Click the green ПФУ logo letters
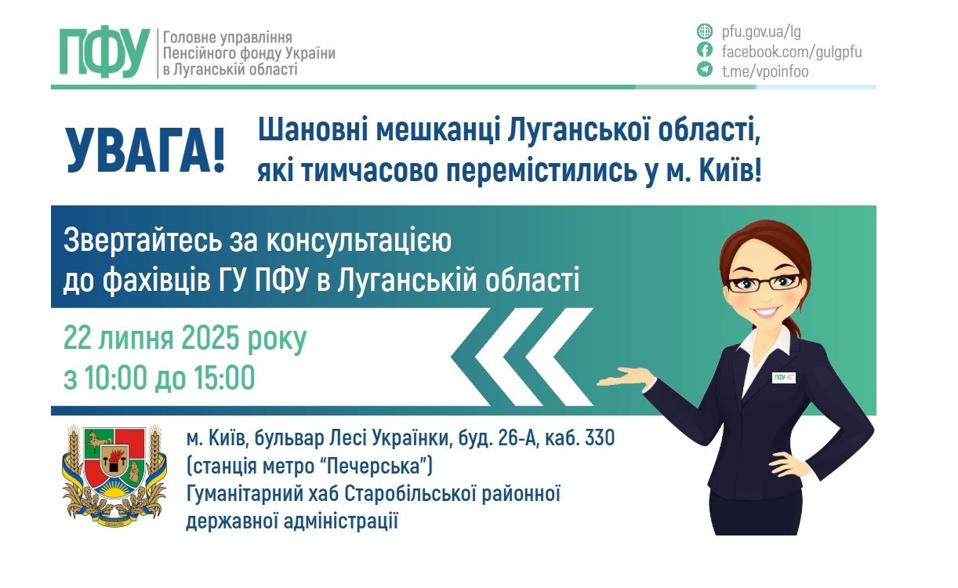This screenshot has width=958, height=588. (x=104, y=53)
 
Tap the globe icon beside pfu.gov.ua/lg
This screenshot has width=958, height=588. (x=704, y=32)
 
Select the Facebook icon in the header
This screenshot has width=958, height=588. (x=704, y=51)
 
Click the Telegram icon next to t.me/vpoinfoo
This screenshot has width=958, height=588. (x=704, y=71)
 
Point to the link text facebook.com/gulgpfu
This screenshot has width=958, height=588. (x=791, y=52)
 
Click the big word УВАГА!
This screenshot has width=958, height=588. (x=145, y=149)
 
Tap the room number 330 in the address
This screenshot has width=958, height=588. (x=598, y=437)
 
